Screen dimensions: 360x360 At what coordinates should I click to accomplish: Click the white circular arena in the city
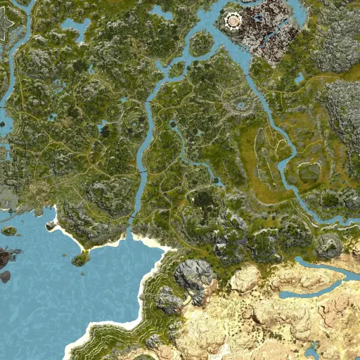pyautogui.click(x=231, y=22)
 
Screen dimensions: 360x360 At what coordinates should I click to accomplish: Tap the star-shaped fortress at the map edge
pyautogui.click(x=4, y=26)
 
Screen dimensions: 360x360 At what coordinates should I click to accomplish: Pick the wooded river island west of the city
pyautogui.click(x=201, y=43)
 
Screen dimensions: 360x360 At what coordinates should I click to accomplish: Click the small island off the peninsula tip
pyautogui.click(x=80, y=259)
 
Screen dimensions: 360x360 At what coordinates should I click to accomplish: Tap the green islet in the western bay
pyautogui.click(x=9, y=231)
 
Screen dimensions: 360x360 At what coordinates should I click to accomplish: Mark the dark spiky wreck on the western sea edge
pyautogui.click(x=8, y=257)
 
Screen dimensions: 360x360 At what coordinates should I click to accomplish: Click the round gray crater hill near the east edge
pyautogui.click(x=328, y=246)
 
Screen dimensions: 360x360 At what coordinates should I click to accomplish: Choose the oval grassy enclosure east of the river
pyautogui.click(x=308, y=172)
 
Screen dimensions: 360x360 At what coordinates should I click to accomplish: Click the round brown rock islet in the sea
pyautogui.click(x=5, y=276)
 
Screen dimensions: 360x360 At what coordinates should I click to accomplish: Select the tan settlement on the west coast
pyautogui.click(x=39, y=191)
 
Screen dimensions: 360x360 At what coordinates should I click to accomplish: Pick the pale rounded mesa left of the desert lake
pyautogui.click(x=245, y=279)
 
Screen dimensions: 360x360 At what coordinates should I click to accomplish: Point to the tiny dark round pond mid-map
pyautogui.click(x=172, y=124)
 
